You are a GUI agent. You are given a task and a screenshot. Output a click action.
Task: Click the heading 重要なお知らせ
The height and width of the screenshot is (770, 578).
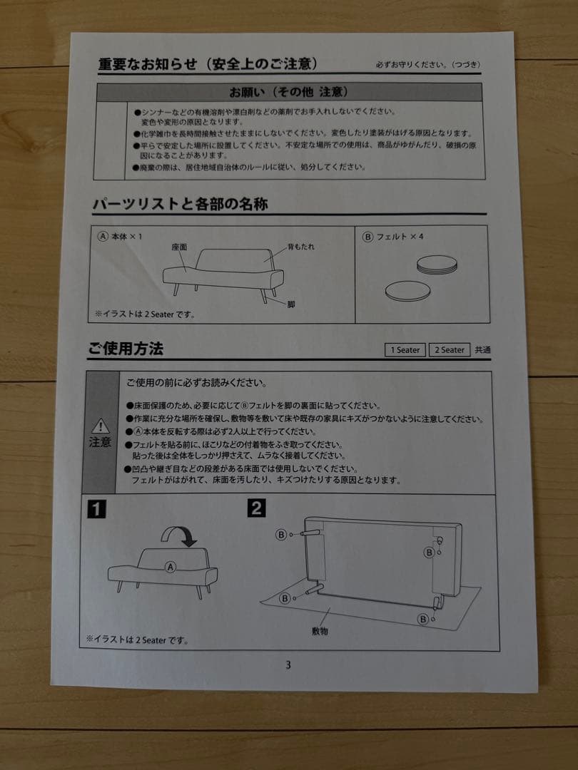[x=146, y=64]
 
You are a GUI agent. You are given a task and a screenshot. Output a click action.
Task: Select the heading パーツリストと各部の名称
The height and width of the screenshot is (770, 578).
[x=180, y=204]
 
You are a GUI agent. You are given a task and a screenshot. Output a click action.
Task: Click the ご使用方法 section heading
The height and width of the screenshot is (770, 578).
[x=126, y=349]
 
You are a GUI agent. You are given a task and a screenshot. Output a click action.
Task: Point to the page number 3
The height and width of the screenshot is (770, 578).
[x=288, y=665]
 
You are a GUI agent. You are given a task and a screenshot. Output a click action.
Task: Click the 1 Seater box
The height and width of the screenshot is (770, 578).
[x=405, y=350]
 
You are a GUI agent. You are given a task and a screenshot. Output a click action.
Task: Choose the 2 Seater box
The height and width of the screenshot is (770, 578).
[x=450, y=350]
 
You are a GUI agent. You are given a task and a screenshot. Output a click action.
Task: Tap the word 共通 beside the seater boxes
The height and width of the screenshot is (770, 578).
[x=483, y=350]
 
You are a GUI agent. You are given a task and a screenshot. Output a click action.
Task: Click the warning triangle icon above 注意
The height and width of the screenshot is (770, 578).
[x=101, y=426]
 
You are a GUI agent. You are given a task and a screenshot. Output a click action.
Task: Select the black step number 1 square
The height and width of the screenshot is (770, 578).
[x=96, y=509]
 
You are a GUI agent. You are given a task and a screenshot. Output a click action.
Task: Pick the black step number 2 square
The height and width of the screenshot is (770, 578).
[x=256, y=508]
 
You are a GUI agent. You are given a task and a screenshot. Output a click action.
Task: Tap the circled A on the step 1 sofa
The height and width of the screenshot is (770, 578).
[x=170, y=568]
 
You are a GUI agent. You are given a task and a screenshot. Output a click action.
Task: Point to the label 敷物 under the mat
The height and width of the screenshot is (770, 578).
[x=320, y=631]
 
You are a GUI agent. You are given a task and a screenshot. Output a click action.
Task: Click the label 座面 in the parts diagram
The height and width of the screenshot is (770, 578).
[x=179, y=247]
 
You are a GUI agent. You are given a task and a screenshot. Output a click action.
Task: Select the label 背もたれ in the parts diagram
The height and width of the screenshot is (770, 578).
[x=300, y=246]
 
